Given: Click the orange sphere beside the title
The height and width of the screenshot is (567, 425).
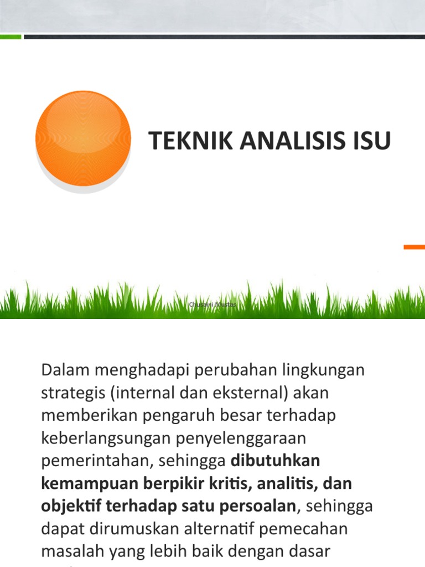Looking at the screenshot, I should [x=83, y=138].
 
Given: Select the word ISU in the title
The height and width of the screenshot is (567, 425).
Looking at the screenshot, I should [x=370, y=141].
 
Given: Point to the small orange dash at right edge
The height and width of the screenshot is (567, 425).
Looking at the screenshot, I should [x=414, y=247].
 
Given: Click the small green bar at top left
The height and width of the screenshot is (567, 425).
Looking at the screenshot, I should [x=11, y=37].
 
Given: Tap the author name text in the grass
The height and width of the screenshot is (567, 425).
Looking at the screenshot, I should [x=213, y=305].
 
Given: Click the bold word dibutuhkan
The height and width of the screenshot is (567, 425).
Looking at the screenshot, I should [x=275, y=461].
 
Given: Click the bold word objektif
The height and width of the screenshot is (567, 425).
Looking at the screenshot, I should [x=71, y=506].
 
